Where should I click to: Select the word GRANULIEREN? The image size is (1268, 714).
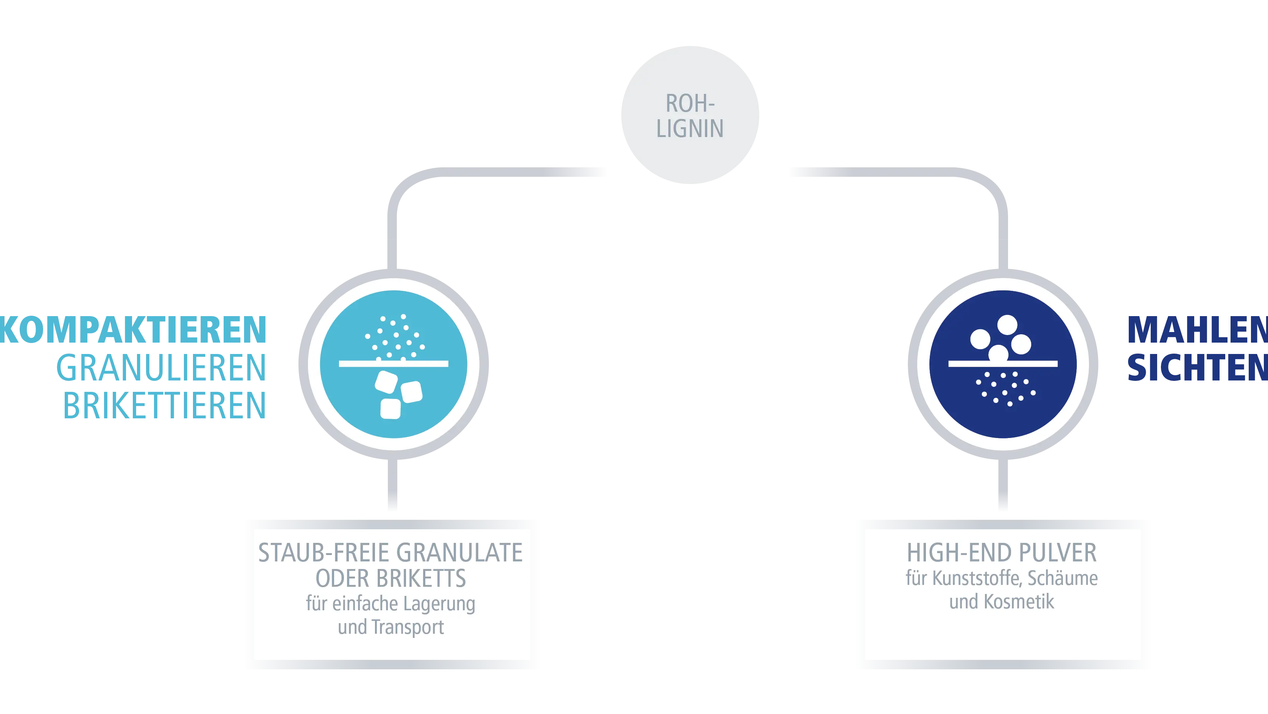[161, 367]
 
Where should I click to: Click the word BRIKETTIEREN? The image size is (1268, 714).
[165, 406]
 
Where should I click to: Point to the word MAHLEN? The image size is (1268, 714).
[1196, 330]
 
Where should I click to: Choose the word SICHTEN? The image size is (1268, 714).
[1196, 367]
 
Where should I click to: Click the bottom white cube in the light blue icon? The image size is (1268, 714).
[391, 409]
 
